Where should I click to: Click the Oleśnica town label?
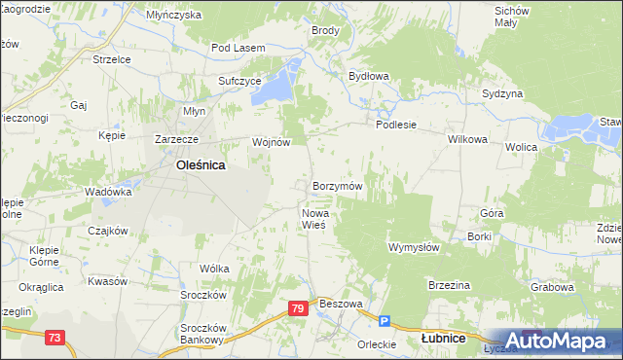coord(201,165)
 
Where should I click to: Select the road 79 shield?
coord(299,308)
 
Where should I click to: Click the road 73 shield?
coord(55,337)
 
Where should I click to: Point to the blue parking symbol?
coord(385,321)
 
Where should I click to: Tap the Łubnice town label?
coord(443,339)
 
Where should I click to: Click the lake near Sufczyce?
coord(280,82)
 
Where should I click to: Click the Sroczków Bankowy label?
coord(202,334)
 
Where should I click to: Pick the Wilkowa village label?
coord(467,139)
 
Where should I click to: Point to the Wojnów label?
coord(272,142)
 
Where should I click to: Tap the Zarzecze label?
coord(177,139)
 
